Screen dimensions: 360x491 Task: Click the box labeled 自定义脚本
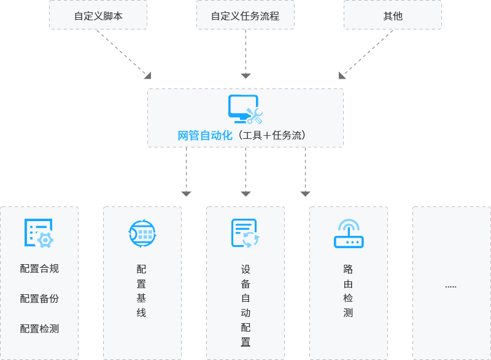coord(98,16)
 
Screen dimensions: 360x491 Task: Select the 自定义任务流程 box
coord(245,16)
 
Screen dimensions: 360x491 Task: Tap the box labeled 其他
coord(393,16)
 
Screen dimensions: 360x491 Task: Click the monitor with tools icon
coord(245,109)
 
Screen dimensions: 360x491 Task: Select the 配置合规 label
coord(39,268)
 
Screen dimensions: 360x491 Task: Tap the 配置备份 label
coord(39,299)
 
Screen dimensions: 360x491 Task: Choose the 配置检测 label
coord(39,329)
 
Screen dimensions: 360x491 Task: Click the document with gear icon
coord(39,233)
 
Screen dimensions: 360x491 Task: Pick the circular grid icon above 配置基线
coord(142,233)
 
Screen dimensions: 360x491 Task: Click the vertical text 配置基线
coord(142,291)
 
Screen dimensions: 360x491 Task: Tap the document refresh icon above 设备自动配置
coord(245,233)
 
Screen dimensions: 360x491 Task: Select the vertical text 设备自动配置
coord(245,306)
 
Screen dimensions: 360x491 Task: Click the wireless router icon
coord(348,233)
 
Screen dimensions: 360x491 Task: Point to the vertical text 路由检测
coord(348,291)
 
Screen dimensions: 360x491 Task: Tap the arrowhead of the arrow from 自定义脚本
coord(147,75)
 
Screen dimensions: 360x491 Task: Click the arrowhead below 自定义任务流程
coord(245,76)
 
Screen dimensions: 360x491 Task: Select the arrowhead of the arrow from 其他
coord(342,75)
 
